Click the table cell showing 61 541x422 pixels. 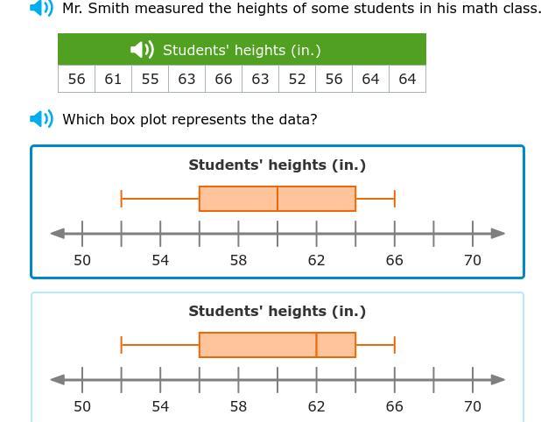(113, 79)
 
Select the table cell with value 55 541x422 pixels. (150, 79)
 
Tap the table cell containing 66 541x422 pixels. (223, 79)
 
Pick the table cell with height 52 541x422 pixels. (297, 79)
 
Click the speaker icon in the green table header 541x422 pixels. (142, 50)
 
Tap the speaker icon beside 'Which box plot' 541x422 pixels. (41, 119)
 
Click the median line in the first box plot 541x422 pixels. (278, 199)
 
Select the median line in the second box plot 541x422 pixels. (316, 345)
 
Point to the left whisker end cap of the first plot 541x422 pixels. (122, 199)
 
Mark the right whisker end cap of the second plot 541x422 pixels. (395, 345)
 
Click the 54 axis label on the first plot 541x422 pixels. (160, 260)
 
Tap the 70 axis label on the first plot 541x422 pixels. (473, 260)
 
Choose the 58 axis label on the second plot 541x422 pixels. (238, 406)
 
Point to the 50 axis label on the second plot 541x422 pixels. (82, 406)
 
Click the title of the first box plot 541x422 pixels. (278, 165)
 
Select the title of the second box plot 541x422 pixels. (278, 311)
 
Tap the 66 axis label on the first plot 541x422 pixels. (394, 260)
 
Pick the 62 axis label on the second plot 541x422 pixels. (316, 406)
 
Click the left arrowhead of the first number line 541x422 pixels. (57, 233)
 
